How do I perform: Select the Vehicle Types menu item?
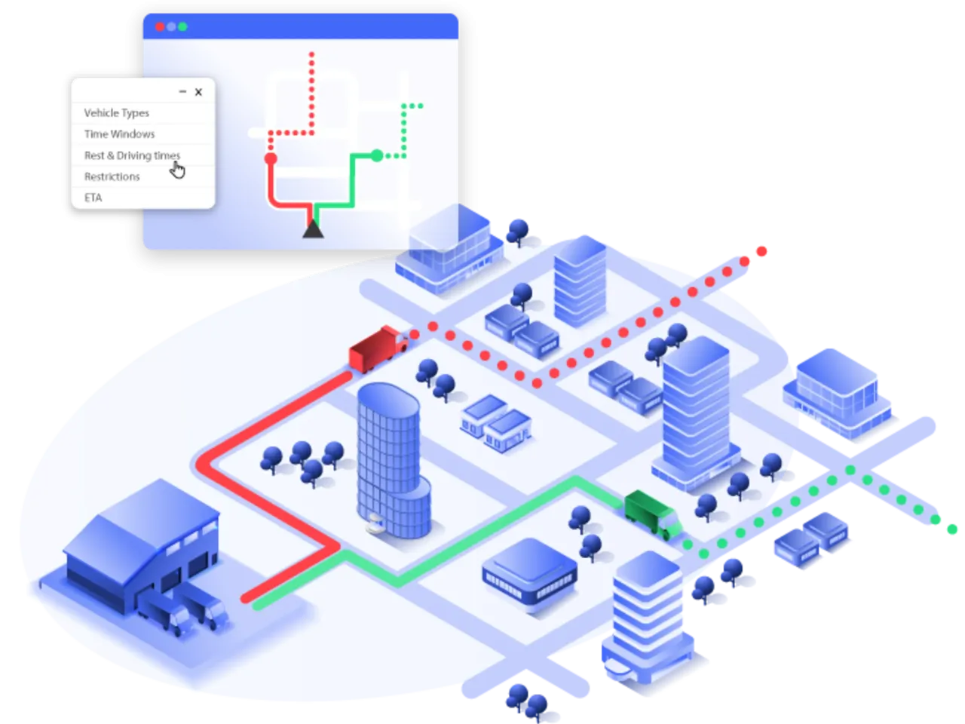[117, 113]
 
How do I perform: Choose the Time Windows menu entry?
[119, 134]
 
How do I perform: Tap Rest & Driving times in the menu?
[132, 155]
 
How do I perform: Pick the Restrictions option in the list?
[112, 176]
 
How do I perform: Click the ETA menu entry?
[93, 198]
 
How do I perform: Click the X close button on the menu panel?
[198, 92]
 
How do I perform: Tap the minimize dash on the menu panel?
[182, 92]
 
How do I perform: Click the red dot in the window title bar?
[159, 26]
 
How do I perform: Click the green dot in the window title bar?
[182, 26]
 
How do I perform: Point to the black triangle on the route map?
[313, 228]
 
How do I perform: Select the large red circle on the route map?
[271, 158]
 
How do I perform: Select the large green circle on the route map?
[376, 156]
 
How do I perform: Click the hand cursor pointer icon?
[177, 171]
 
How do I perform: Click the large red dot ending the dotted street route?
[761, 251]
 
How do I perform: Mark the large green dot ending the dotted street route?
[951, 529]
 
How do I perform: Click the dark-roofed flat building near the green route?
[529, 570]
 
